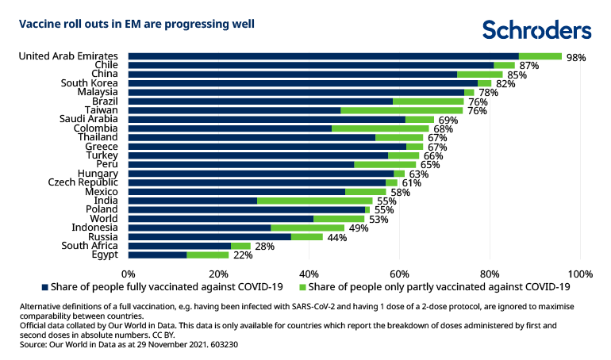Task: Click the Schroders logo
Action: click(x=537, y=30)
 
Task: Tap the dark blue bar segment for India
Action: click(x=193, y=201)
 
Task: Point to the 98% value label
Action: click(x=576, y=58)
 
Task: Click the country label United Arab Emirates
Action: click(x=68, y=56)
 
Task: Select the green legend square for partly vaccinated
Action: click(x=302, y=286)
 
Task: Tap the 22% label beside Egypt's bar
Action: click(x=243, y=255)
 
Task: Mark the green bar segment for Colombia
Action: click(x=380, y=128)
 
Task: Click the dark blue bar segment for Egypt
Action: click(x=157, y=255)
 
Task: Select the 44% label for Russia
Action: click(x=336, y=237)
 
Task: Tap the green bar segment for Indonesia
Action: click(x=307, y=228)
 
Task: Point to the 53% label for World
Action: click(x=379, y=219)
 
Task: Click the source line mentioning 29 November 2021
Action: click(x=129, y=345)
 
